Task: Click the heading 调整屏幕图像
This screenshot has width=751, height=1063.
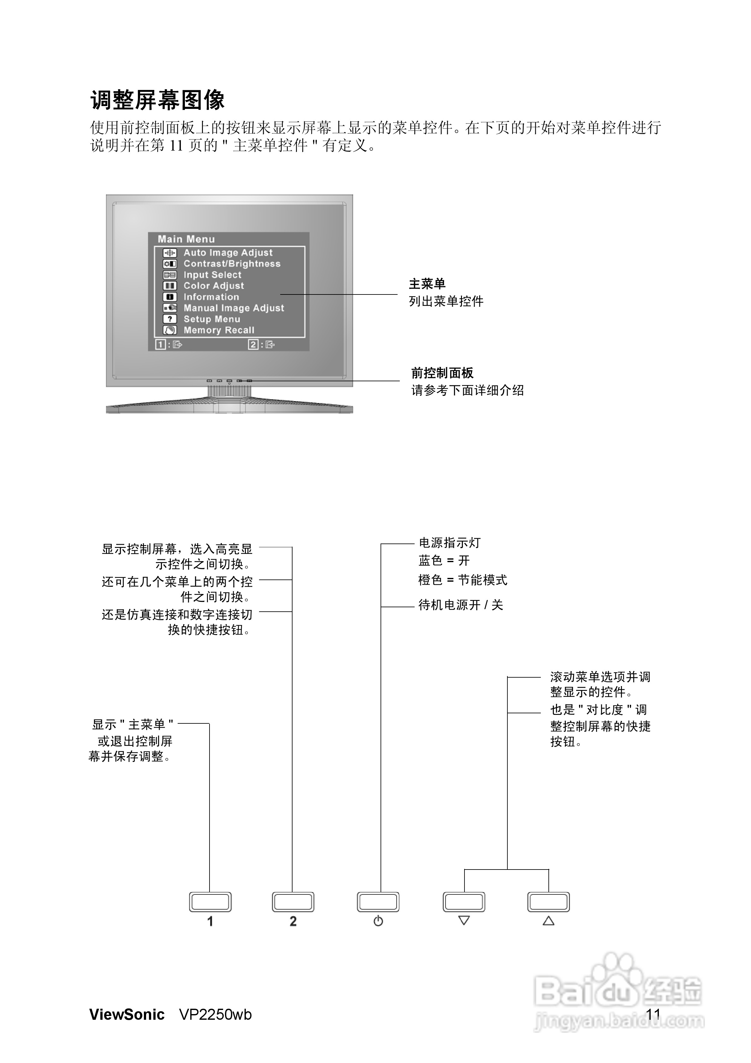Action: [157, 100]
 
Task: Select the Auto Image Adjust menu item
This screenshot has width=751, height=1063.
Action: [228, 253]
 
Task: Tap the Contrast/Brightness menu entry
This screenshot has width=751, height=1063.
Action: [232, 264]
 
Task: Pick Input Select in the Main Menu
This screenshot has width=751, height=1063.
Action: [213, 275]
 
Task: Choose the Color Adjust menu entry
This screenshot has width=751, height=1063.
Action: [213, 286]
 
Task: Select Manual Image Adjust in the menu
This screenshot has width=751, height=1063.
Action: [234, 308]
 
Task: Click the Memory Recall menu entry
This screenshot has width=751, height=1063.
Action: [219, 330]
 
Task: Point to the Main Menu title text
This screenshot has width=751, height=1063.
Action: [186, 239]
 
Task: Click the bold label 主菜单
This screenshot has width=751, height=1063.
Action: [427, 284]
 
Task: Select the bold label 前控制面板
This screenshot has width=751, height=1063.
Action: [442, 373]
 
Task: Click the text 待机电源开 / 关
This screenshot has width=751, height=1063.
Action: [461, 605]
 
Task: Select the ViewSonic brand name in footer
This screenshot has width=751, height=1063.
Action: [127, 1015]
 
